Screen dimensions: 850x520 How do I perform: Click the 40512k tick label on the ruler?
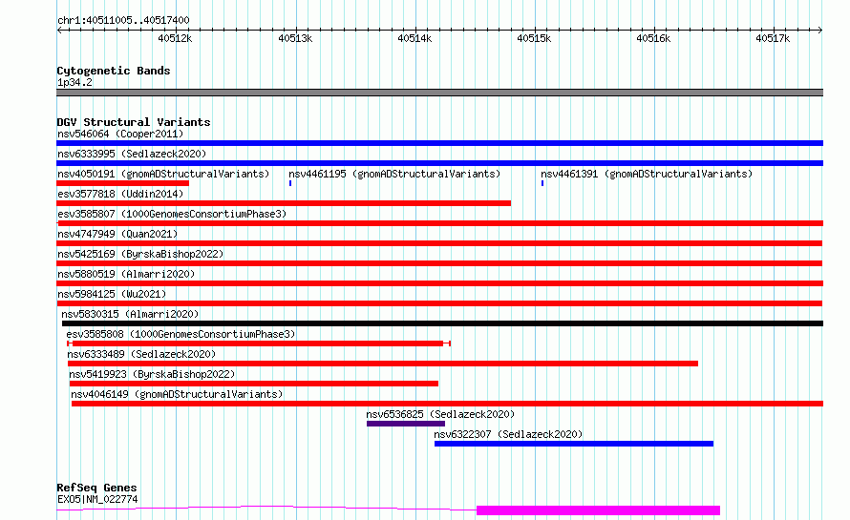click(175, 38)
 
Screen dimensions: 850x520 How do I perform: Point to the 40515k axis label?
click(534, 38)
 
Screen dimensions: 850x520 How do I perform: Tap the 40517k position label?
click(773, 38)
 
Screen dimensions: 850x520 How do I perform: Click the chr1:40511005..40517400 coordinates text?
click(123, 20)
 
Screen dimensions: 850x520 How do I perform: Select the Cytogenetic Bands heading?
click(114, 71)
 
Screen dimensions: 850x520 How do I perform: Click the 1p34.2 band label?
click(74, 82)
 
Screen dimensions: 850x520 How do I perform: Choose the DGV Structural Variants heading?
click(134, 122)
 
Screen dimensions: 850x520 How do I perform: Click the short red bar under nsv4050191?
click(122, 183)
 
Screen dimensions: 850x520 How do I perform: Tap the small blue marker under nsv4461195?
click(290, 183)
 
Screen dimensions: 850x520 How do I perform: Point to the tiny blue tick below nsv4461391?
click(542, 183)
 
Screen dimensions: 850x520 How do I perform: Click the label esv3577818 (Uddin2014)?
click(120, 194)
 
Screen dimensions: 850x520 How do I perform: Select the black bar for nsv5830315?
click(442, 323)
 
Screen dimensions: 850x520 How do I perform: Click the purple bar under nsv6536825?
click(406, 424)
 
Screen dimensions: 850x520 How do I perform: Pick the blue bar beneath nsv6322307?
click(574, 444)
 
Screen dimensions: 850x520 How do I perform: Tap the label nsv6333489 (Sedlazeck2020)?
click(141, 354)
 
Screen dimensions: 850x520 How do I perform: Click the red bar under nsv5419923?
click(254, 384)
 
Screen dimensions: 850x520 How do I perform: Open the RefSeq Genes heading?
click(97, 488)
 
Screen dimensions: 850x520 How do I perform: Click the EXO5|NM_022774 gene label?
click(97, 499)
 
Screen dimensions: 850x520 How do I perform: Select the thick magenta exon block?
click(598, 510)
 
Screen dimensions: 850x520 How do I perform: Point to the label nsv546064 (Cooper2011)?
click(120, 134)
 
